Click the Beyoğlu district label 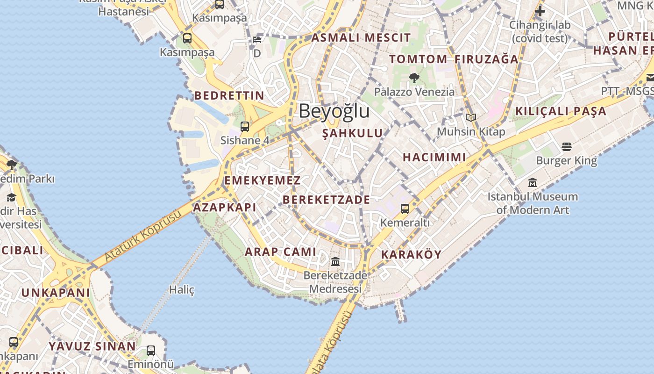(334, 111)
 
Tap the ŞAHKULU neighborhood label (353, 133)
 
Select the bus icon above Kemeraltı (405, 209)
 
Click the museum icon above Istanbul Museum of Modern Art (533, 183)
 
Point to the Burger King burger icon (567, 147)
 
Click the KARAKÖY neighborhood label (411, 255)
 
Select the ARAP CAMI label (281, 252)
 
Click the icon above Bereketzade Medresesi (335, 261)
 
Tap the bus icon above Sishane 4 (245, 126)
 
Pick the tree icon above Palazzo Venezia (414, 78)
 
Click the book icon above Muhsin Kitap (471, 117)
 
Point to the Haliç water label (182, 290)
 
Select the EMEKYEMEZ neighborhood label (263, 180)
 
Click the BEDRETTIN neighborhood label (229, 96)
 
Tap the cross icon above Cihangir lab (540, 11)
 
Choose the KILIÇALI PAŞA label (561, 111)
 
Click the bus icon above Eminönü (150, 350)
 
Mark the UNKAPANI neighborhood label (56, 293)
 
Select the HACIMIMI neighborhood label (434, 158)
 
